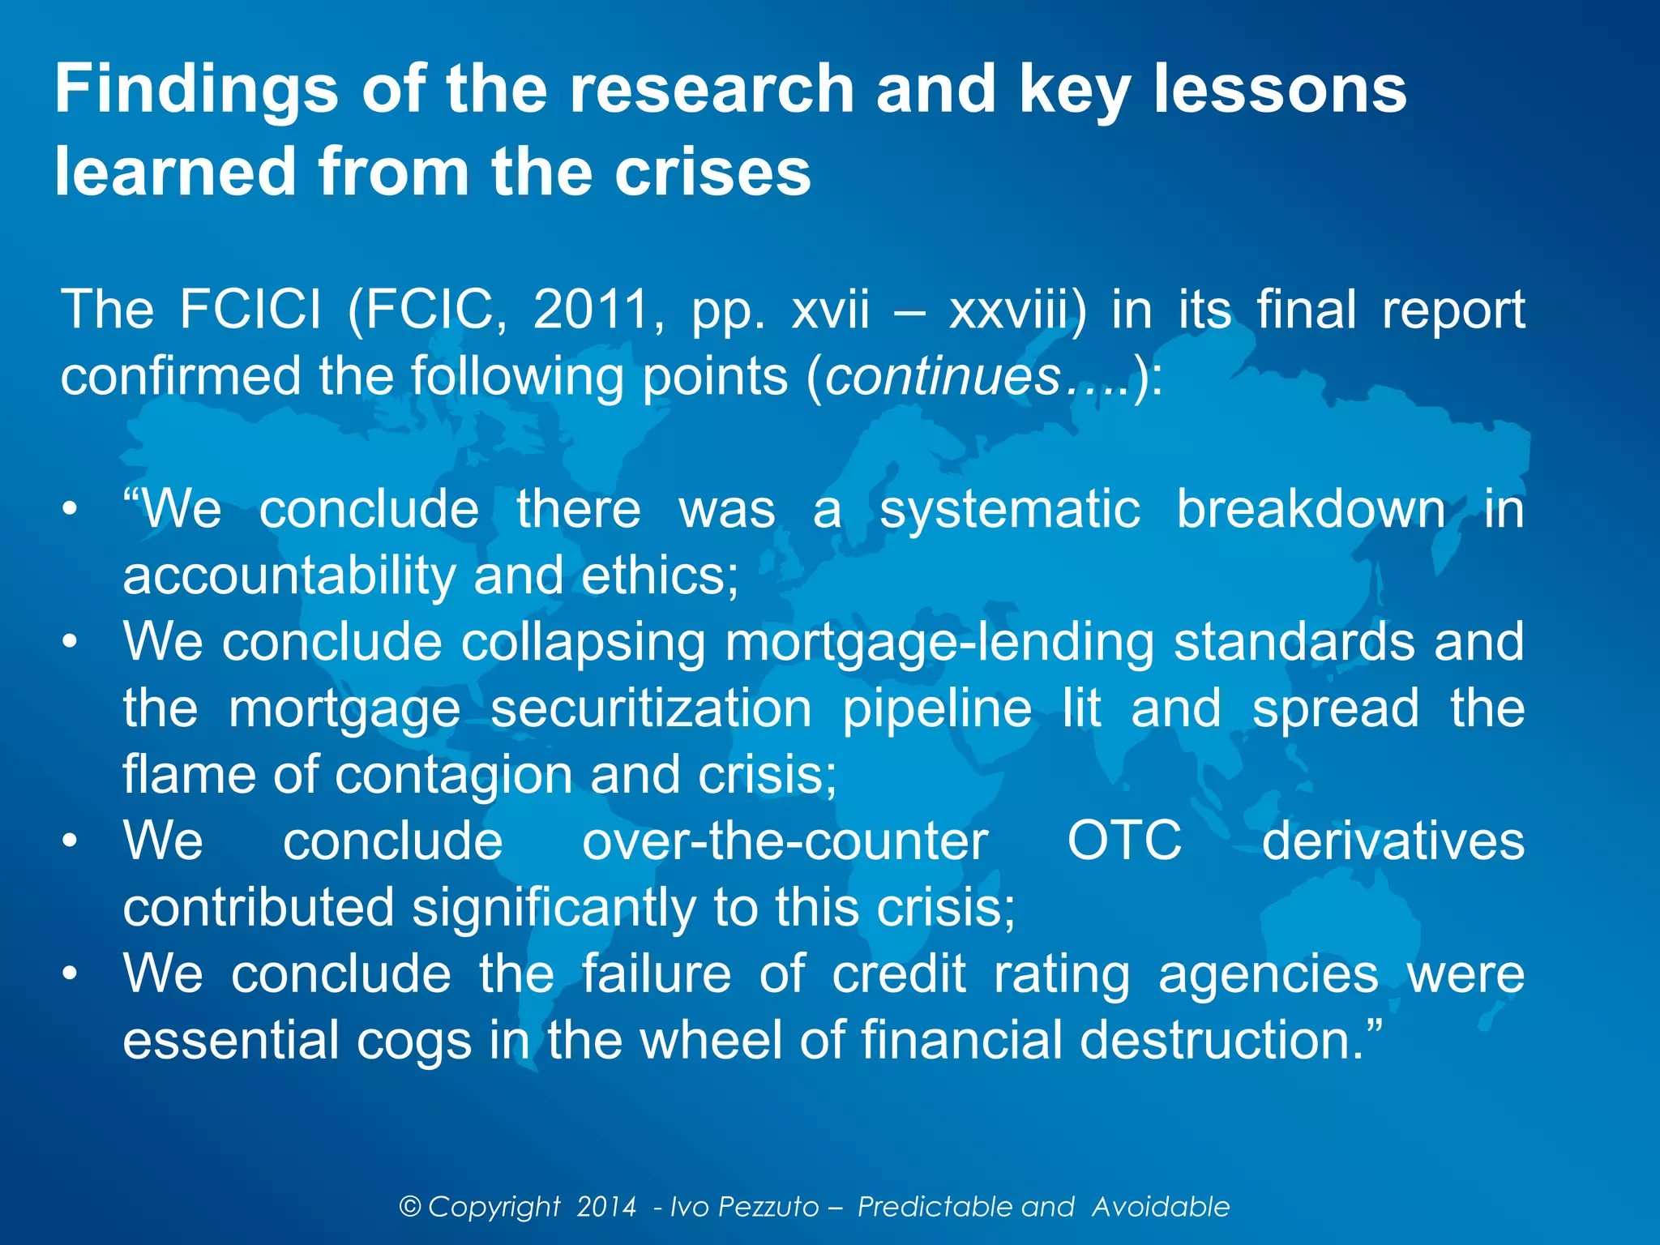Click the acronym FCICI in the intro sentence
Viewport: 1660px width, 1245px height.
coord(250,310)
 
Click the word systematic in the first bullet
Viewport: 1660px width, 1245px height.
coord(1010,510)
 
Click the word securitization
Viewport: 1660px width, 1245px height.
coord(651,709)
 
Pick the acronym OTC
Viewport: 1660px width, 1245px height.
coord(1124,841)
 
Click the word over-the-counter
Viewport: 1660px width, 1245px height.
coord(785,841)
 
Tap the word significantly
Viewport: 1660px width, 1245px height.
coord(554,908)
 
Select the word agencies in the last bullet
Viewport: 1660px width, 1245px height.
coord(1268,974)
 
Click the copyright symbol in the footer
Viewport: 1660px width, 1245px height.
coord(410,1207)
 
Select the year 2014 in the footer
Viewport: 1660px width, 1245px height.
coord(606,1207)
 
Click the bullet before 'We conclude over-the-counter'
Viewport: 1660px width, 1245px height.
coord(71,841)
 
